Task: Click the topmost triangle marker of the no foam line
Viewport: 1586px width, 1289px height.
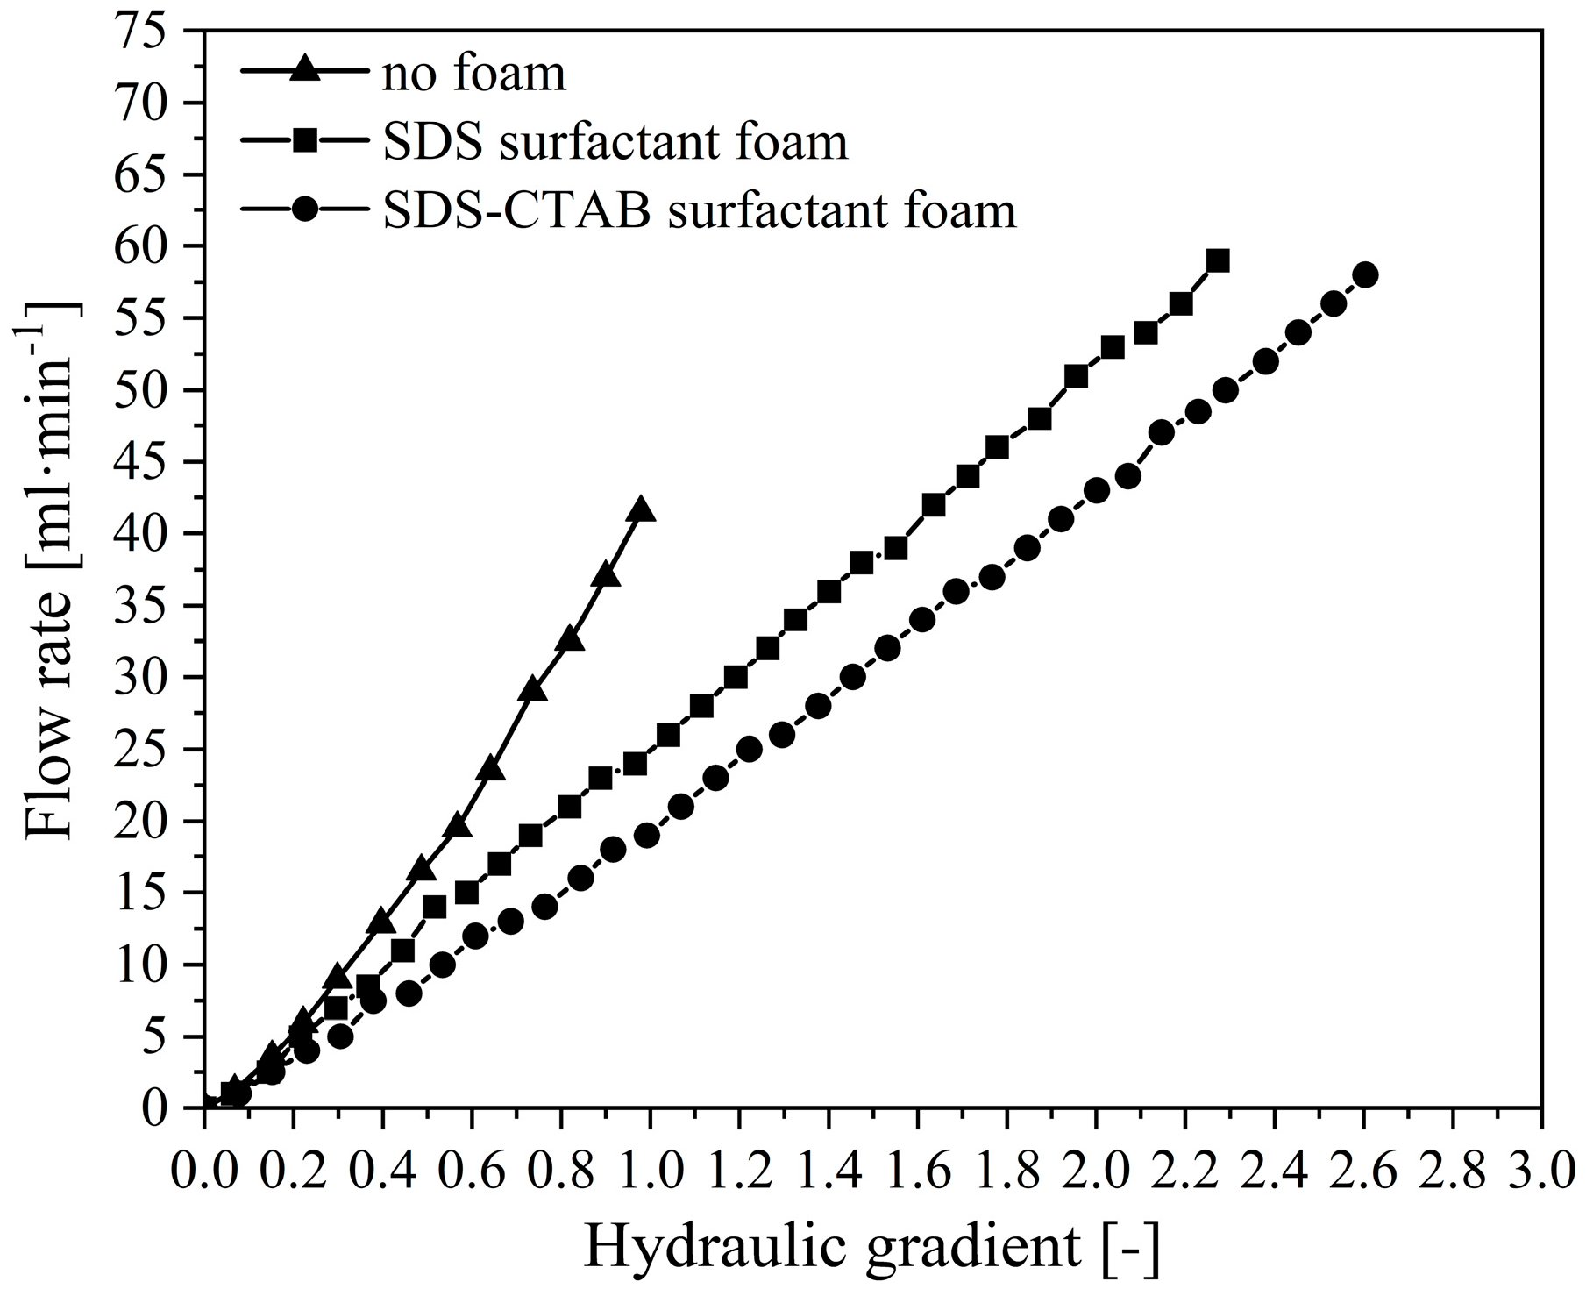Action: click(641, 509)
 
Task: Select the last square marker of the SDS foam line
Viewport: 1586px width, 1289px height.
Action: click(1218, 261)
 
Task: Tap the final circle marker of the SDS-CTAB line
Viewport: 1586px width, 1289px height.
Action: click(1365, 275)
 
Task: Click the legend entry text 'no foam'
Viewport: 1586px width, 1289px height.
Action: click(473, 75)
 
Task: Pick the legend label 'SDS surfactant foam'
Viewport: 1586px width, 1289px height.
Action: click(615, 142)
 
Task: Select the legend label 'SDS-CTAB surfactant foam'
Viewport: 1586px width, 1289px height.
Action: click(699, 210)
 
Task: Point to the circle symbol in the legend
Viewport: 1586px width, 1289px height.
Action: click(304, 210)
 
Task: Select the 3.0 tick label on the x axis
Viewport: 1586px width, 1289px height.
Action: click(1540, 1172)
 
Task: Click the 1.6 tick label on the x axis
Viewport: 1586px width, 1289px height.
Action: click(917, 1172)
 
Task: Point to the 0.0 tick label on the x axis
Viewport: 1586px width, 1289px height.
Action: click(203, 1172)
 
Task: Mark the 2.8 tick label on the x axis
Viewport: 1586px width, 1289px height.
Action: click(1451, 1172)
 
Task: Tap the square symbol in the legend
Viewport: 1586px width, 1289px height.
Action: click(304, 140)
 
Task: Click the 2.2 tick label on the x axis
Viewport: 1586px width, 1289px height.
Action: click(1184, 1172)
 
